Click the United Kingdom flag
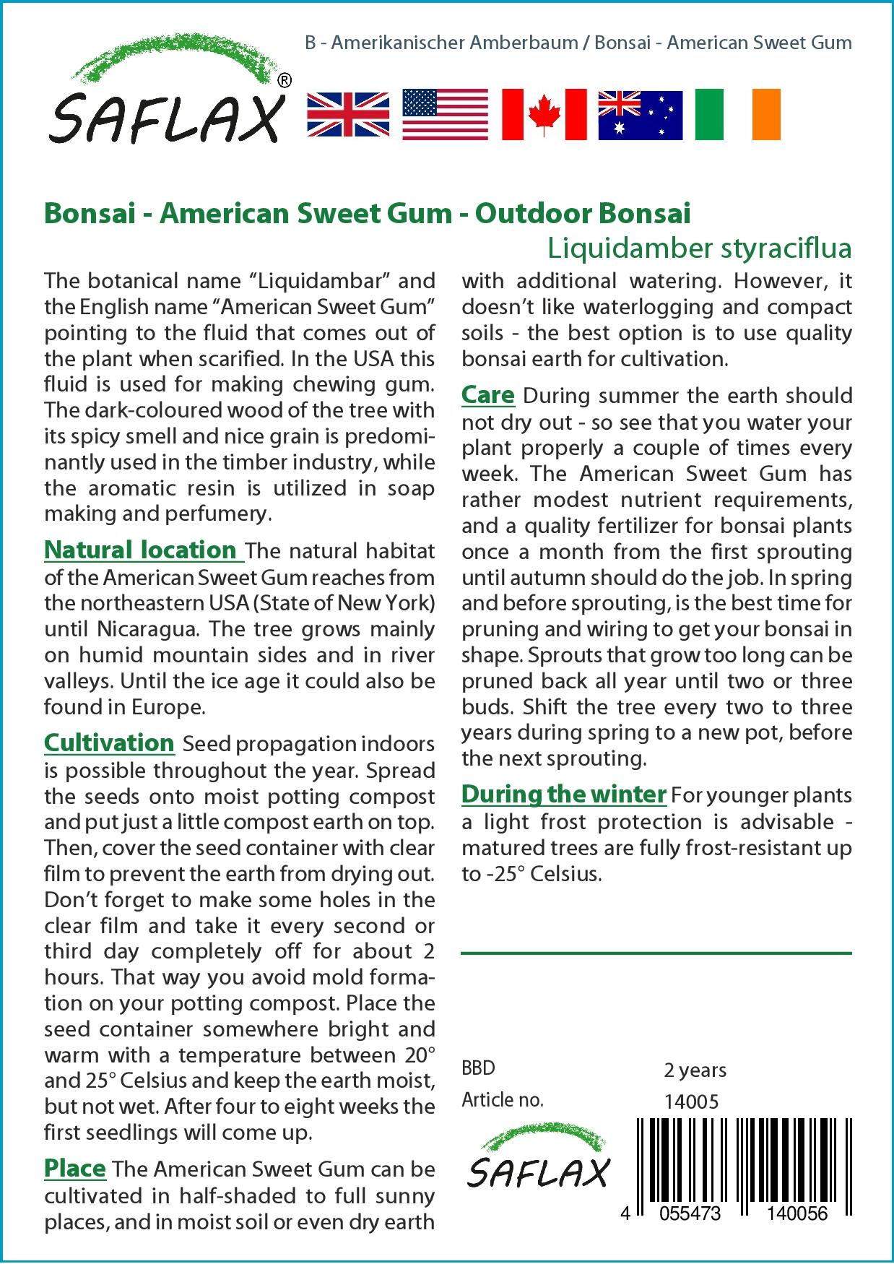point(348,115)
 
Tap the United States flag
point(445,115)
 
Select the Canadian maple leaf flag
point(544,115)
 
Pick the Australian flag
point(641,115)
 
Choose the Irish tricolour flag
point(737,115)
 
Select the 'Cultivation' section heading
point(109,743)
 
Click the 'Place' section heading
point(75,1168)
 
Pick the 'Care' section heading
point(488,395)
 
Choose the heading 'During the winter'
point(563,794)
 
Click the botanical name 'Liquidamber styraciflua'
point(699,248)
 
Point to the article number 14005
point(691,1101)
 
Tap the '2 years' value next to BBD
point(695,1070)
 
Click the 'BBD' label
point(478,1068)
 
